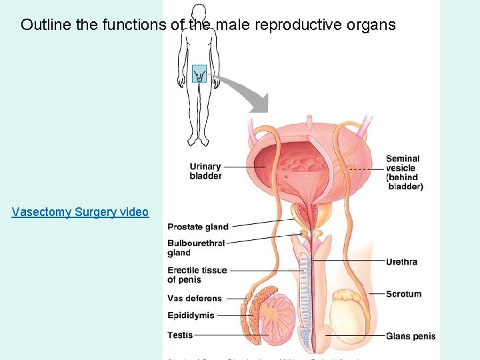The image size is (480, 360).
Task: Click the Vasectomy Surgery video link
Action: click(x=80, y=212)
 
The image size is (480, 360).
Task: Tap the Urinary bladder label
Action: click(x=205, y=171)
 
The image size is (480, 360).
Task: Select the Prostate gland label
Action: click(x=198, y=227)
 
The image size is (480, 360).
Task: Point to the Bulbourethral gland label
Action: click(x=196, y=248)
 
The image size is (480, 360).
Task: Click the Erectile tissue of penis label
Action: click(x=197, y=275)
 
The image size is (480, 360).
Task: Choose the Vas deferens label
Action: click(x=195, y=298)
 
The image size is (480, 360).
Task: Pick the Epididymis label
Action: click(x=191, y=315)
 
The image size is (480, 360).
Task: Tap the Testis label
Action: click(x=180, y=335)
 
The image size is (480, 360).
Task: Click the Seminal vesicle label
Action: click(x=404, y=173)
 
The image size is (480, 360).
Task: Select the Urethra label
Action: click(x=401, y=261)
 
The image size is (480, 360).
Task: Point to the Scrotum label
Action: click(x=403, y=293)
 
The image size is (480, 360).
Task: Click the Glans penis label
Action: click(x=411, y=336)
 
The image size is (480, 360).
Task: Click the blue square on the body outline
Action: click(x=199, y=74)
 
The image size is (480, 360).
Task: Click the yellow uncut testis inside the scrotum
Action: click(x=351, y=313)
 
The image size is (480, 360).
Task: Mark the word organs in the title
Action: click(x=373, y=25)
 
